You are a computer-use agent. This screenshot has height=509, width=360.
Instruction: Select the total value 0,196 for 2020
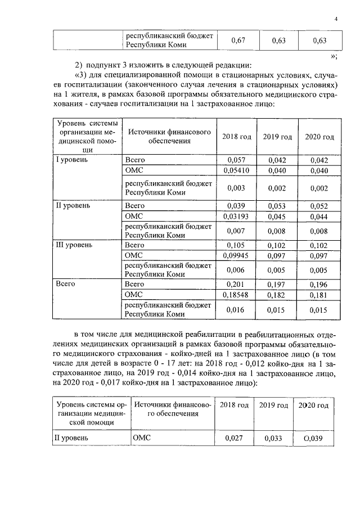319,285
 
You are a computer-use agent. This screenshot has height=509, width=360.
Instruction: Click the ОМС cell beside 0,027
142,436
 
